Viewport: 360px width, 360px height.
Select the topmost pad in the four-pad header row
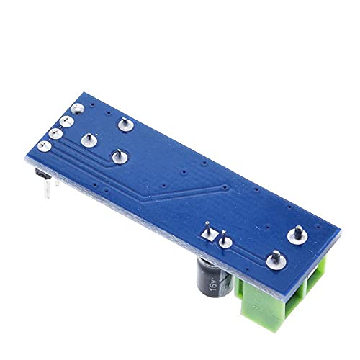[78, 109]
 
